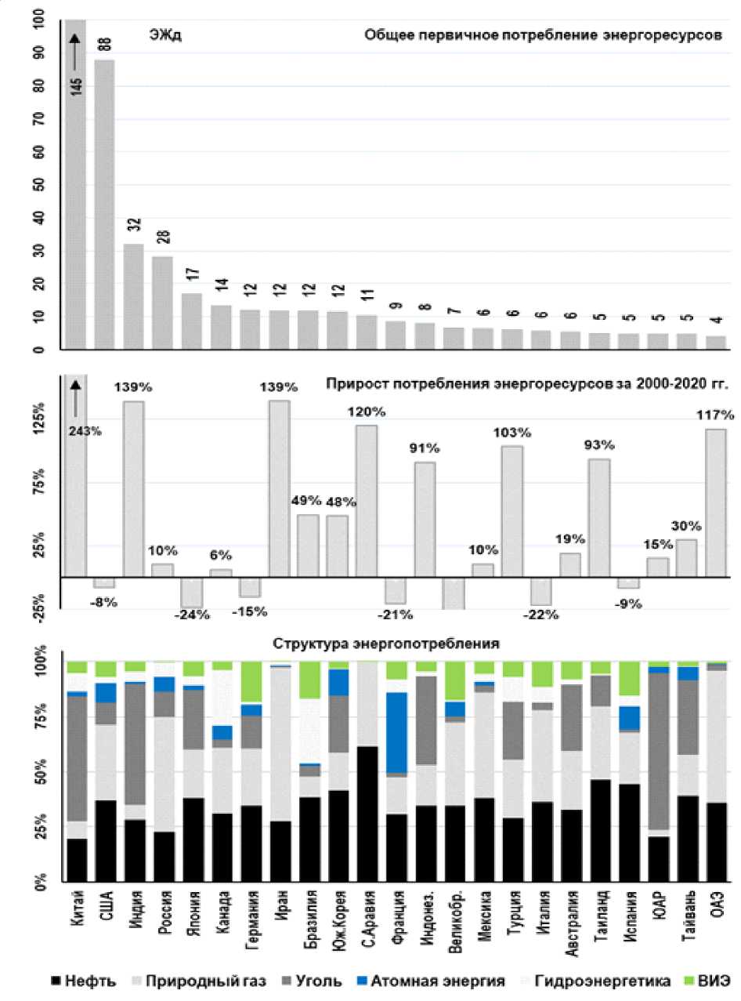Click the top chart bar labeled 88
(x=104, y=204)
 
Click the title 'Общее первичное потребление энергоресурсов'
(x=542, y=36)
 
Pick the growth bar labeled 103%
(x=511, y=510)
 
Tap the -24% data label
(x=192, y=614)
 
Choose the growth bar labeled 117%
(x=716, y=502)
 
